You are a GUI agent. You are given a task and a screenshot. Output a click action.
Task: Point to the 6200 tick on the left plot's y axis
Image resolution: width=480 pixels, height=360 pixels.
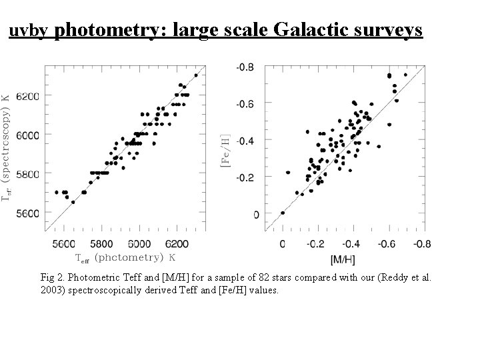click(x=27, y=96)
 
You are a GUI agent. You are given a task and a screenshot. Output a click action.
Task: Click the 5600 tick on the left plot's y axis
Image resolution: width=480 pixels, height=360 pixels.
click(x=27, y=213)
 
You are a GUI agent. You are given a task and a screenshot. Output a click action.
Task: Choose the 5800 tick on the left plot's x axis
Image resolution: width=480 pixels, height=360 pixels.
click(x=102, y=244)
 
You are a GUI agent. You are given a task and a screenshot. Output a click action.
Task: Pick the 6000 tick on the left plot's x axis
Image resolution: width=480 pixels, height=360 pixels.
click(x=139, y=244)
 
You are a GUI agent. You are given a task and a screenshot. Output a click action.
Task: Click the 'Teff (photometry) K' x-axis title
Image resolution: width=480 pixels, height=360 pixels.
click(x=125, y=257)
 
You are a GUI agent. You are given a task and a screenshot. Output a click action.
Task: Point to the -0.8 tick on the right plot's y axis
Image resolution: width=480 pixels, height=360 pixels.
click(x=247, y=67)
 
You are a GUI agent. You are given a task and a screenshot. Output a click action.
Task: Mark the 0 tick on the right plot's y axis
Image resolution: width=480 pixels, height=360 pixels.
click(x=255, y=215)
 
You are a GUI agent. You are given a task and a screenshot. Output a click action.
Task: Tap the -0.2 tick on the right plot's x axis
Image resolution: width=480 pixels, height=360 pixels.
click(x=317, y=244)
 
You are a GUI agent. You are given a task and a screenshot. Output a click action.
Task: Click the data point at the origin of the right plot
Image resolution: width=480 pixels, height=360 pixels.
click(x=283, y=213)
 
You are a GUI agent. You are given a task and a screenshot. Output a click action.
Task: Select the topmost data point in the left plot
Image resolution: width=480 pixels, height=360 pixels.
click(x=196, y=75)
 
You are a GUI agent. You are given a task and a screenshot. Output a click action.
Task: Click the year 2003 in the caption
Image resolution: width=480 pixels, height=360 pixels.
click(x=51, y=291)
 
